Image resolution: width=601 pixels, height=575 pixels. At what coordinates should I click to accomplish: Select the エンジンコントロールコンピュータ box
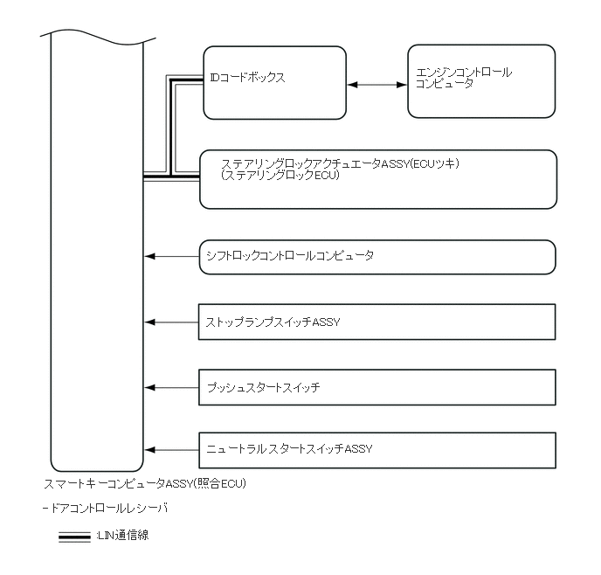click(481, 81)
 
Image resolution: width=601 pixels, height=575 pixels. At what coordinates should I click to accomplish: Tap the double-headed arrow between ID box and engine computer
click(377, 85)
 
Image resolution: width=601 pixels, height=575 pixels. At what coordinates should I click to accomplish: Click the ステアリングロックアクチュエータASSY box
click(377, 180)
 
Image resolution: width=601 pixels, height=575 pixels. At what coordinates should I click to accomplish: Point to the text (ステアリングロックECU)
click(280, 176)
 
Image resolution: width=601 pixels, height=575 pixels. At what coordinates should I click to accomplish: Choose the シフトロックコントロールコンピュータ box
click(377, 257)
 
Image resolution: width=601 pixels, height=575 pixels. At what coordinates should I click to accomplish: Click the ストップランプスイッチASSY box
click(377, 322)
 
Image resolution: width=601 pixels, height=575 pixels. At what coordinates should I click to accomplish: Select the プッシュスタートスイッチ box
click(377, 386)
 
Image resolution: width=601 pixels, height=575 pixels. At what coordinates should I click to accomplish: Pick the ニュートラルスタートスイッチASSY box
click(377, 449)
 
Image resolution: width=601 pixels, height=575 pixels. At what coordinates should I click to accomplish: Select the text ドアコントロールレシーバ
click(108, 508)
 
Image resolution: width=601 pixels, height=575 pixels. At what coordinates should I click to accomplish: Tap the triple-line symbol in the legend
click(74, 537)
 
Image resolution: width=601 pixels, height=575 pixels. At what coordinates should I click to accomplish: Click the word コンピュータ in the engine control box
click(445, 85)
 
